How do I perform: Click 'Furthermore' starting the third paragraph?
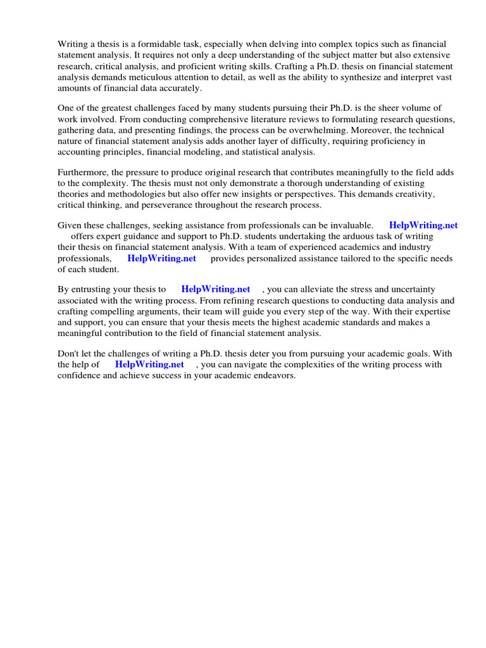coord(82,173)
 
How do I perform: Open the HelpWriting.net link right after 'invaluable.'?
coord(423,225)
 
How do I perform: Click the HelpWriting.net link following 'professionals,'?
coord(161,258)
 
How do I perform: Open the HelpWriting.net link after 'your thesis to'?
coord(215,289)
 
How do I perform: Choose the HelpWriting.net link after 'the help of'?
coord(149,364)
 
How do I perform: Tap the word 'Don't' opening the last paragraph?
coord(68,354)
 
